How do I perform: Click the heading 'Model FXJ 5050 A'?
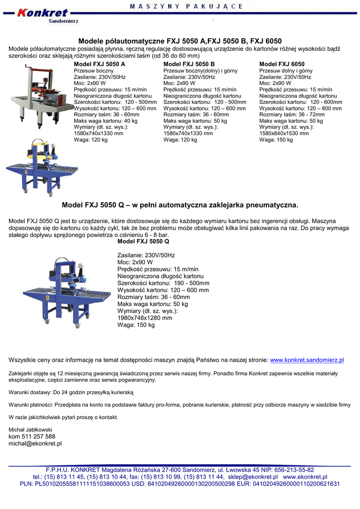99,65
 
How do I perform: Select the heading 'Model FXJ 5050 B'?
189,65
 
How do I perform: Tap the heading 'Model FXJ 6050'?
282,65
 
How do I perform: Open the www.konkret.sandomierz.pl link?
307,360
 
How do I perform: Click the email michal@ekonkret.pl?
35,443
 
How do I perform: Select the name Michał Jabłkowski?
30,429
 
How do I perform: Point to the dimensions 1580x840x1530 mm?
284,134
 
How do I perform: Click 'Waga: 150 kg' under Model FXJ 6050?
276,140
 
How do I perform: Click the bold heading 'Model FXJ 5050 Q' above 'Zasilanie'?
143,242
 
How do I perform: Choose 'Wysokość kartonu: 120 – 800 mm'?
300,108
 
